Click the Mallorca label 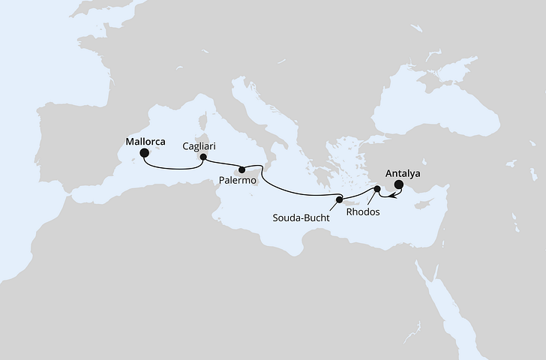pos(145,139)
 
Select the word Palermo pos(238,181)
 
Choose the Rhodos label pos(363,211)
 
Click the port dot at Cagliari pos(201,157)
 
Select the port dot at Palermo pos(242,169)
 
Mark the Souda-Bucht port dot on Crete pos(340,199)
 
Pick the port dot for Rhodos pos(376,190)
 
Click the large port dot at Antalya pos(399,185)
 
